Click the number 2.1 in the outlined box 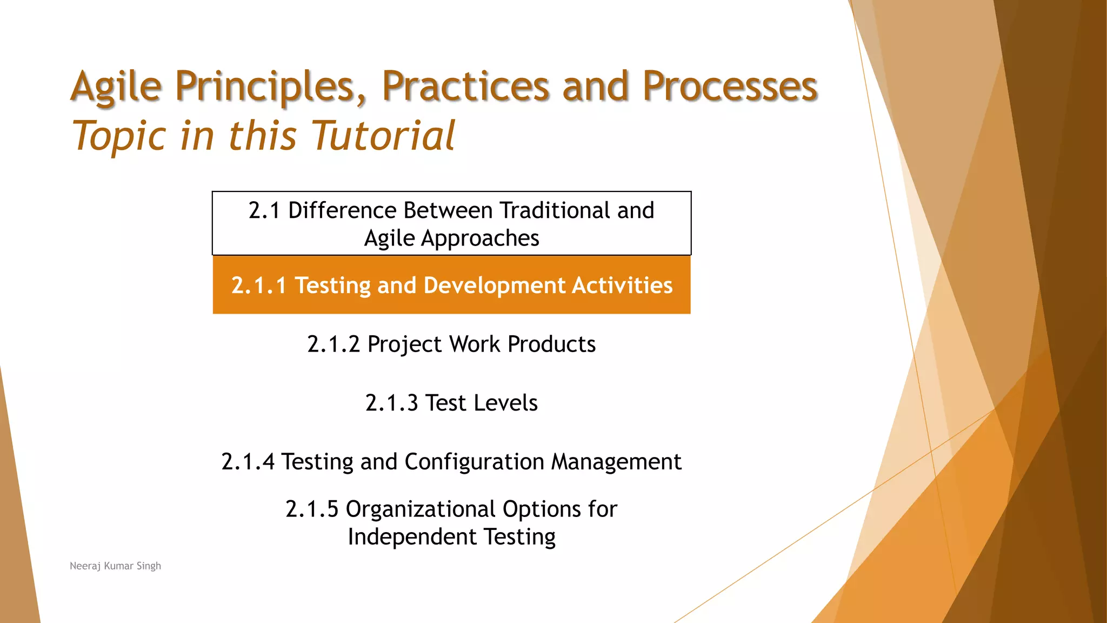264,210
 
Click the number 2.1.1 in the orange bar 259,286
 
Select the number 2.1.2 334,344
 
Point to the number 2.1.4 248,462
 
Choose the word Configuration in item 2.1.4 474,462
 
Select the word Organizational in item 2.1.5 421,509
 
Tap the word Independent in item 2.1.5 412,537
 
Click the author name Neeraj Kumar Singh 115,566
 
